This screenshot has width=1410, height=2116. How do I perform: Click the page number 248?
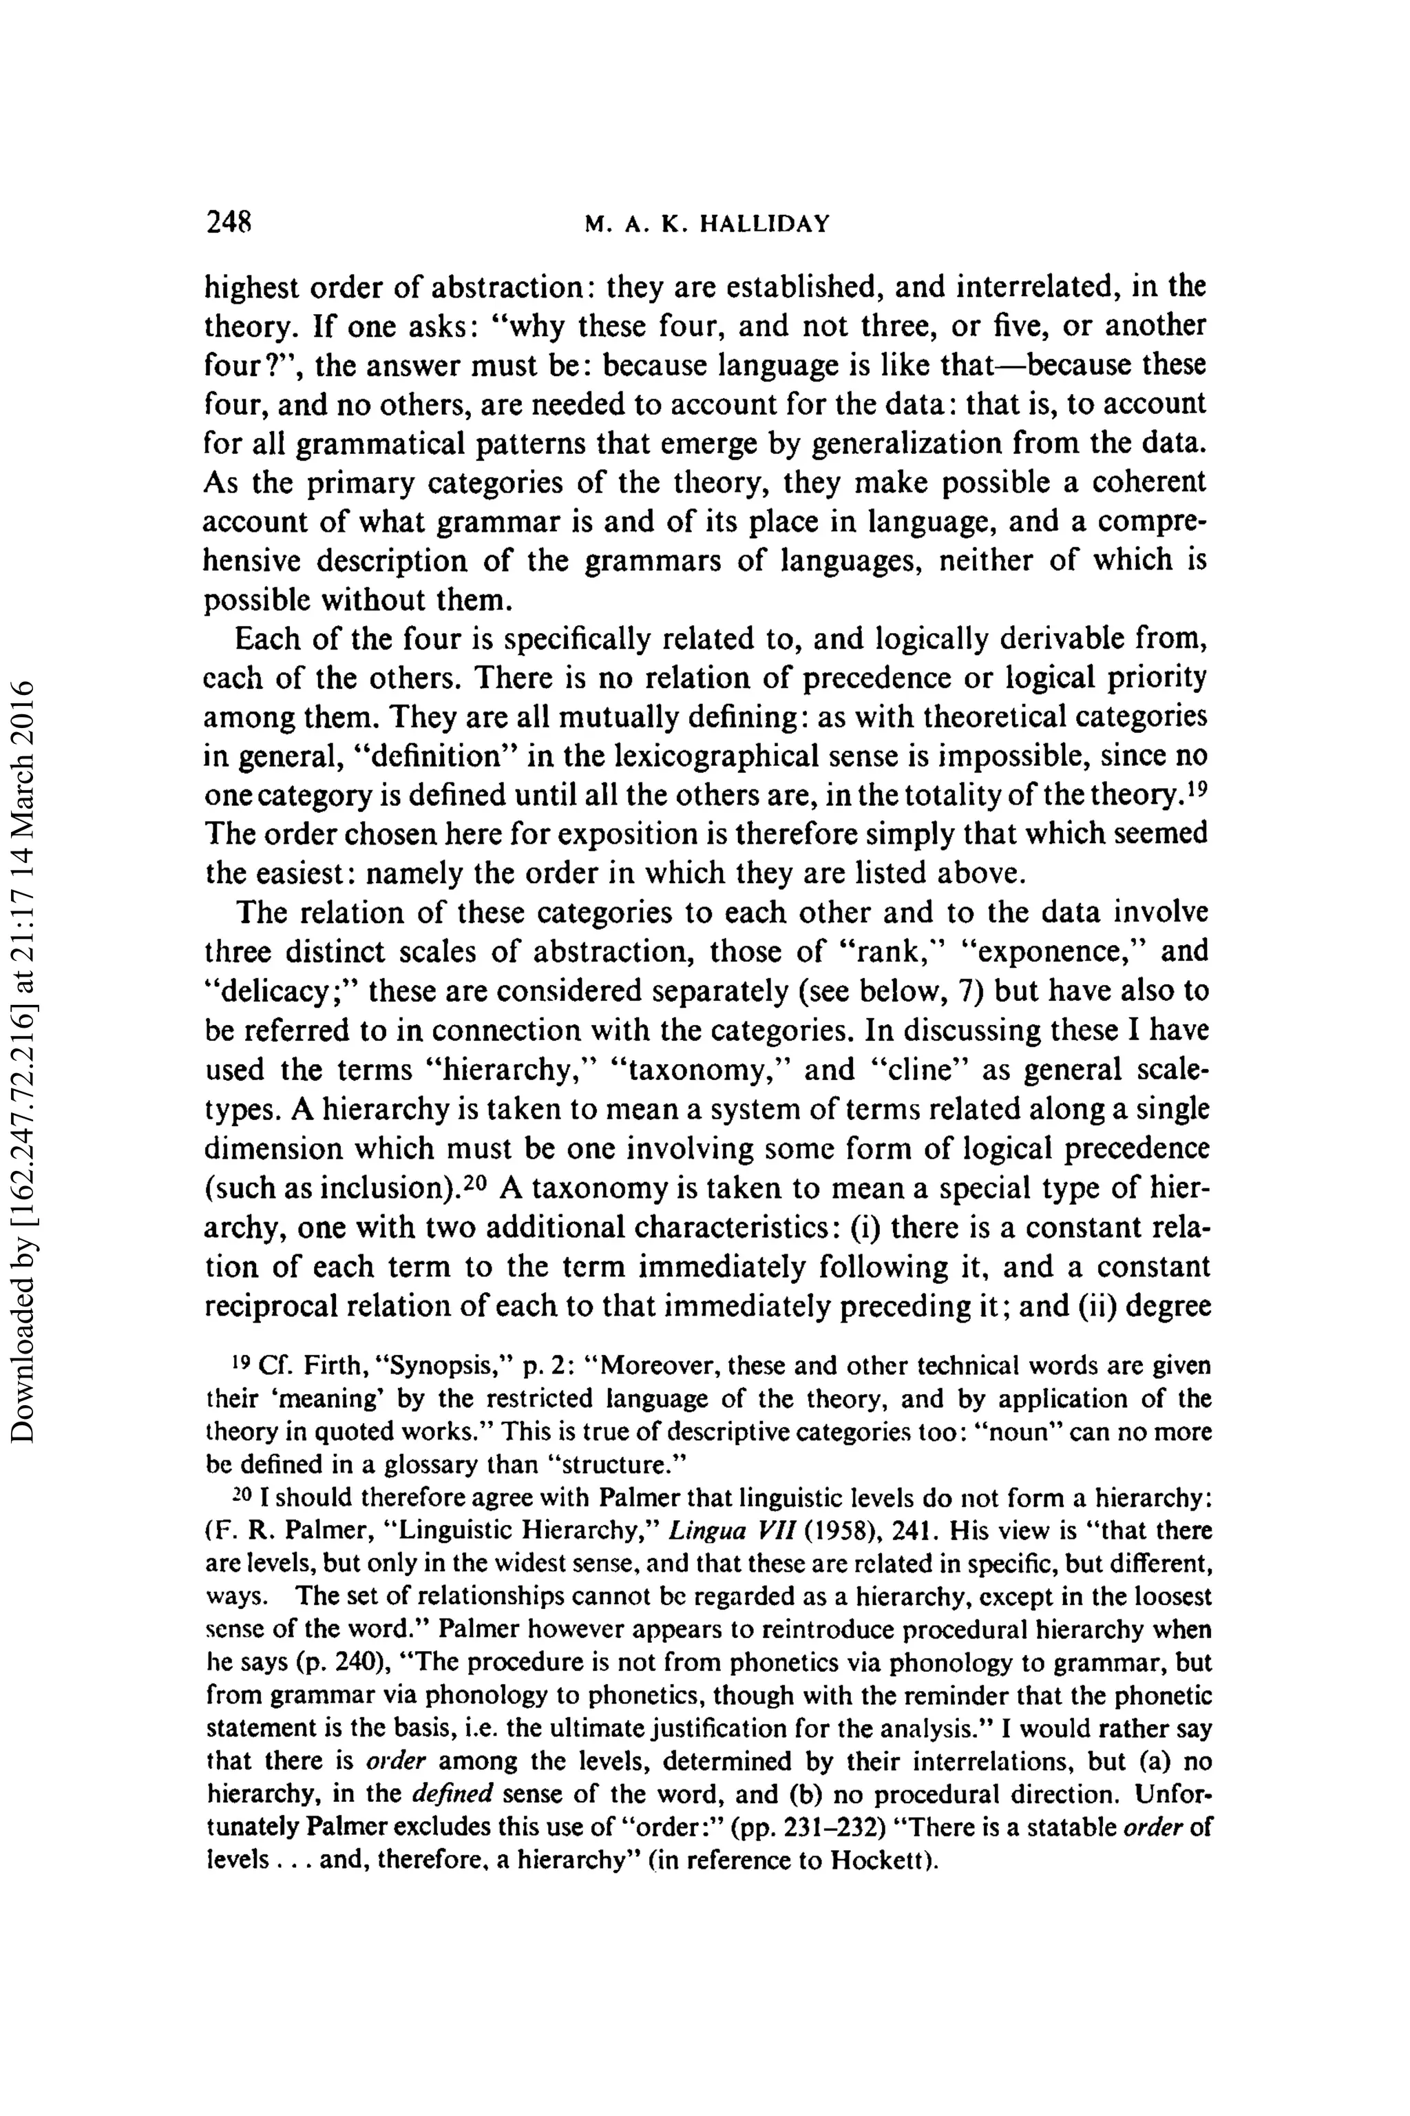pos(229,222)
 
